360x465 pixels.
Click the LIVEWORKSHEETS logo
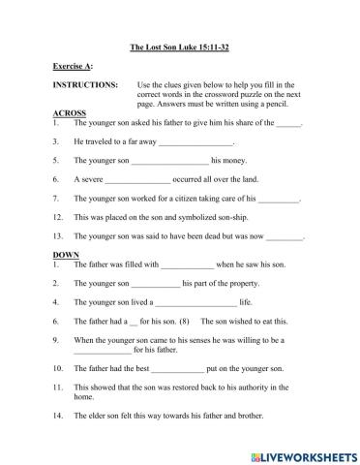[x=301, y=453]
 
